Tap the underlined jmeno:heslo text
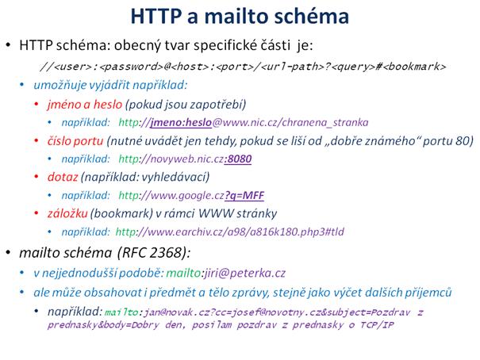181,122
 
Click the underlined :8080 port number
238,159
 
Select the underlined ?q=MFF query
244,195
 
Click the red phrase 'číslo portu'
75,140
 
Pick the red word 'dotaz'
63,177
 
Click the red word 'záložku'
67,213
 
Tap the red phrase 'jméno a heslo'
85,105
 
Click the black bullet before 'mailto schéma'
8,252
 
